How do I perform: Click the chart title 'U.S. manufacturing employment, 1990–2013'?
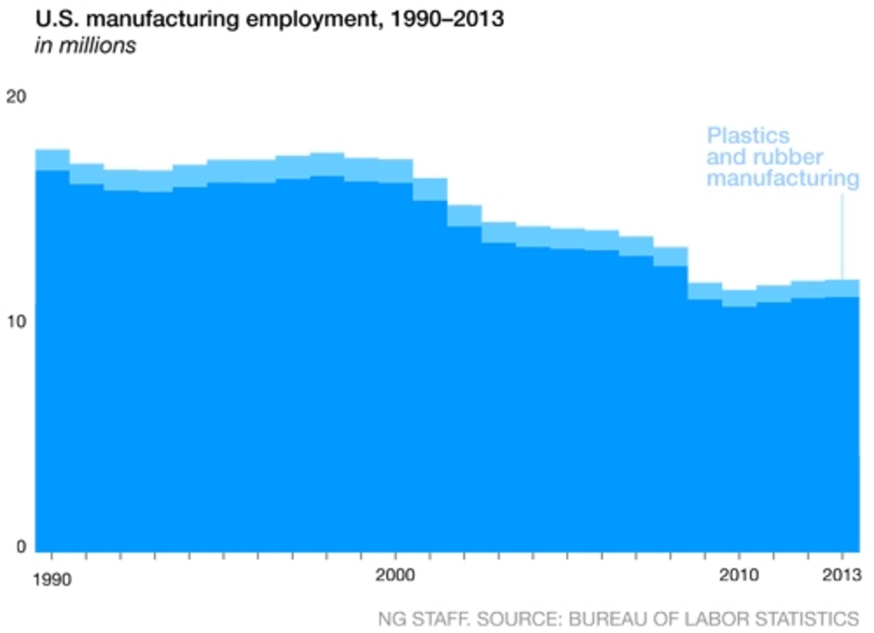(269, 19)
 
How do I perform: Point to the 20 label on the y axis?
(16, 96)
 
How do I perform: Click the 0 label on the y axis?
(21, 546)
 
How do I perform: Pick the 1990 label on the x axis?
(52, 580)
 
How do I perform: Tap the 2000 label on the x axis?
(395, 575)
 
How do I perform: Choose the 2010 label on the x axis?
(739, 575)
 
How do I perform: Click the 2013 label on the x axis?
(842, 575)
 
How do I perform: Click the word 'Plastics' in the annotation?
(748, 136)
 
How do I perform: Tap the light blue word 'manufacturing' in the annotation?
(783, 178)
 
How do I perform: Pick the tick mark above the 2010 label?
(739, 556)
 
